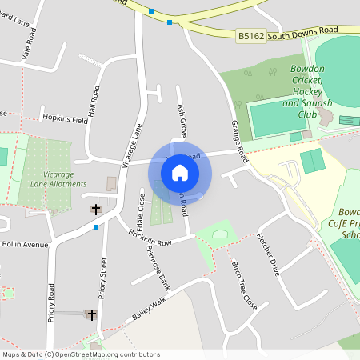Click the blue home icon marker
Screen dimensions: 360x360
180,173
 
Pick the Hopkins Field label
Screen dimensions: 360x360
66,118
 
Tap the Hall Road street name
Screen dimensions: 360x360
96,101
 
